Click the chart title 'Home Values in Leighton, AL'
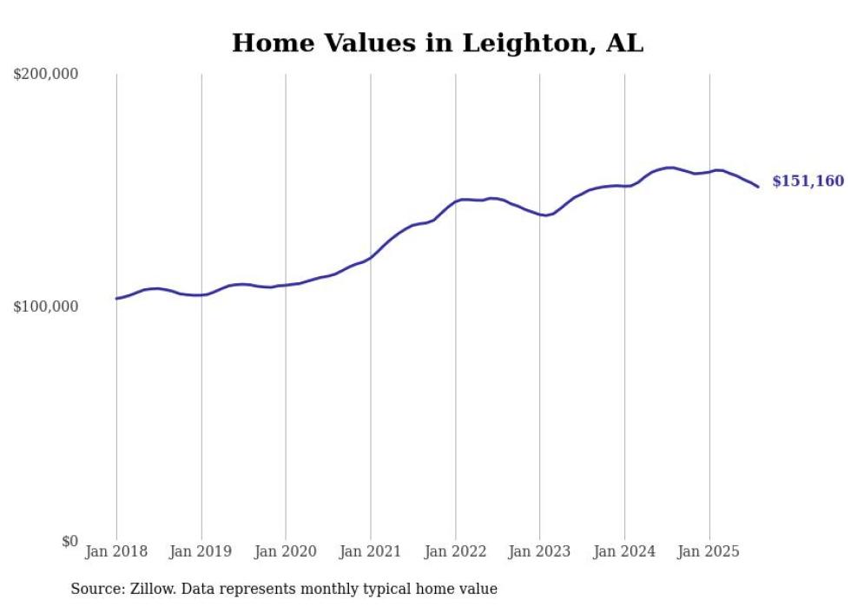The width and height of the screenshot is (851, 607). pos(438,43)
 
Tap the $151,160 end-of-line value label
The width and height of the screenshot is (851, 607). pos(808,181)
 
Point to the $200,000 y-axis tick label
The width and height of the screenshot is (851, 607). pos(46,75)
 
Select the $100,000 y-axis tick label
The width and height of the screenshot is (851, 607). pos(46,307)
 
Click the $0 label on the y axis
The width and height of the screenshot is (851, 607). pos(69,541)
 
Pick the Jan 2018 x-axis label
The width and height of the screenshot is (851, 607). pos(116,551)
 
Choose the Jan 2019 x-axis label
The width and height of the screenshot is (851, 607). pos(201,551)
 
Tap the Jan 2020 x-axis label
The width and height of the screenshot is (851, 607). pos(286,551)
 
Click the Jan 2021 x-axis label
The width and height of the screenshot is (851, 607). pos(371,551)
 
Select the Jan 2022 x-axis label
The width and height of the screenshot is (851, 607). pos(455,551)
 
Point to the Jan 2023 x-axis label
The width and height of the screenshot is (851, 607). pos(540,551)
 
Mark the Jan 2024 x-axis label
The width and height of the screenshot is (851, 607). pos(624,551)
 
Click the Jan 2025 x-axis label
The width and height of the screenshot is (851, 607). pos(709,551)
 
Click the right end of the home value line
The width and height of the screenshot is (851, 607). pos(758,187)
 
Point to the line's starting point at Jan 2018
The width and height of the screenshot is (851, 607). pos(116,299)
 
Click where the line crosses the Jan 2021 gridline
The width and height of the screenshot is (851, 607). pos(371,257)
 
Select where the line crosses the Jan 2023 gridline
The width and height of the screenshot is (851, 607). pos(540,214)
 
